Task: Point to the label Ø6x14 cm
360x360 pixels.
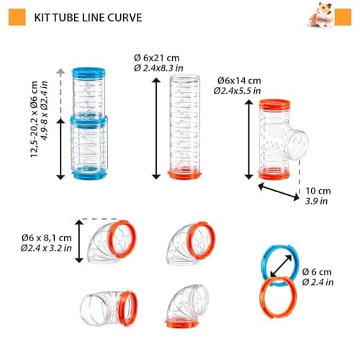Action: [239, 81]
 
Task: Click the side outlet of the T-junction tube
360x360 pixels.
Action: [295, 144]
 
